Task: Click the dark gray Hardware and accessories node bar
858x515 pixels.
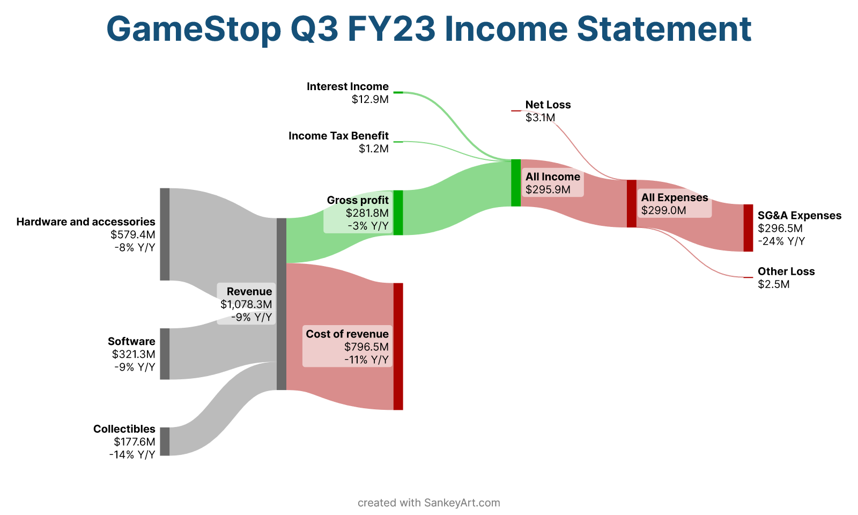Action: click(x=165, y=234)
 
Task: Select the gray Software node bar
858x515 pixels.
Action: click(x=165, y=354)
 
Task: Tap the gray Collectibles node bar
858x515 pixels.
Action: click(x=165, y=442)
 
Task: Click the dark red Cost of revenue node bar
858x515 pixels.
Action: click(x=398, y=347)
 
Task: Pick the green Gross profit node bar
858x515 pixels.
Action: click(x=398, y=212)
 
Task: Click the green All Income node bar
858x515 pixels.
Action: click(x=516, y=183)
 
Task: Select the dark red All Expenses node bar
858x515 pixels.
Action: click(x=632, y=203)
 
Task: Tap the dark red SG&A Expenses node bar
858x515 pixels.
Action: click(x=749, y=228)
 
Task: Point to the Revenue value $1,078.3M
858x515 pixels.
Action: click(x=246, y=304)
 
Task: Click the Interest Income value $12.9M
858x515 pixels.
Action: click(x=370, y=99)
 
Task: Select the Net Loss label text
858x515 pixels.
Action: click(x=548, y=105)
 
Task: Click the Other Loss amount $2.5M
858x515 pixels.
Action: click(x=774, y=284)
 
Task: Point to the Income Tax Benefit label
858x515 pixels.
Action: click(x=338, y=136)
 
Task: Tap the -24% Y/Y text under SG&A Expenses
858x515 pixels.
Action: click(x=781, y=241)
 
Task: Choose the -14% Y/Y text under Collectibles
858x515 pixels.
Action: click(x=132, y=454)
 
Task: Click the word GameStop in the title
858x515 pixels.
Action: click(x=194, y=30)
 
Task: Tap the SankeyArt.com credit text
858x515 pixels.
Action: click(x=462, y=503)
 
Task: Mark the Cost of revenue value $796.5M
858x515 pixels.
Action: click(x=366, y=347)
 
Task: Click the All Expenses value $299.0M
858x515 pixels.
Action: click(x=664, y=210)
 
